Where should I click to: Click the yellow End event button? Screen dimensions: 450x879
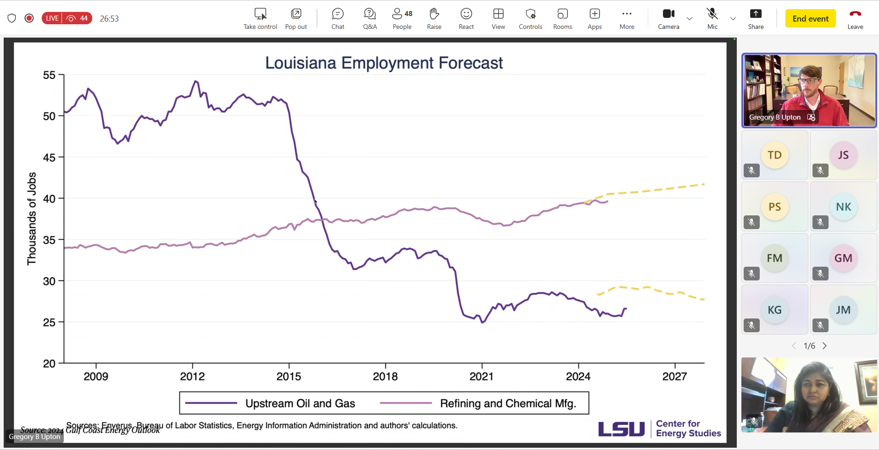pyautogui.click(x=810, y=19)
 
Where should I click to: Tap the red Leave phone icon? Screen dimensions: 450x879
pyautogui.click(x=855, y=14)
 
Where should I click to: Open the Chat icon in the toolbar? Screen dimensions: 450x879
pyautogui.click(x=338, y=14)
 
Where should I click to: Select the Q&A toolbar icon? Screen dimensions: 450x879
pyautogui.click(x=370, y=14)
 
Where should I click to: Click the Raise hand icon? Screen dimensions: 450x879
pyautogui.click(x=434, y=14)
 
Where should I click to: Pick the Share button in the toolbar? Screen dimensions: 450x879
pyautogui.click(x=756, y=14)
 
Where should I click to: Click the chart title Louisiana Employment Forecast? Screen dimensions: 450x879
pyautogui.click(x=384, y=63)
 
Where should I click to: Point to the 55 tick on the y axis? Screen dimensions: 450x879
pyautogui.click(x=49, y=75)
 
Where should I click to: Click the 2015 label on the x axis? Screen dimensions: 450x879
pyautogui.click(x=289, y=377)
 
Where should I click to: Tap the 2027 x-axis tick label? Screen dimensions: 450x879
pyautogui.click(x=674, y=377)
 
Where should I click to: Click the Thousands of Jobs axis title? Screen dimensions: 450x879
pyautogui.click(x=32, y=219)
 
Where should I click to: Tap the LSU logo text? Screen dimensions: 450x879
pyautogui.click(x=621, y=429)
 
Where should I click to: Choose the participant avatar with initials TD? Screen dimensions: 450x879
pyautogui.click(x=774, y=155)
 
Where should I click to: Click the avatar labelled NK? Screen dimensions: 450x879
pyautogui.click(x=843, y=207)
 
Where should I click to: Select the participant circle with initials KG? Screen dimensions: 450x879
pyautogui.click(x=774, y=310)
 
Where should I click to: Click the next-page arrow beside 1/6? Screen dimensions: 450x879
pyautogui.click(x=824, y=346)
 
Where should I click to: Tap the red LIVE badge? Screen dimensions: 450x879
pyautogui.click(x=52, y=18)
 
